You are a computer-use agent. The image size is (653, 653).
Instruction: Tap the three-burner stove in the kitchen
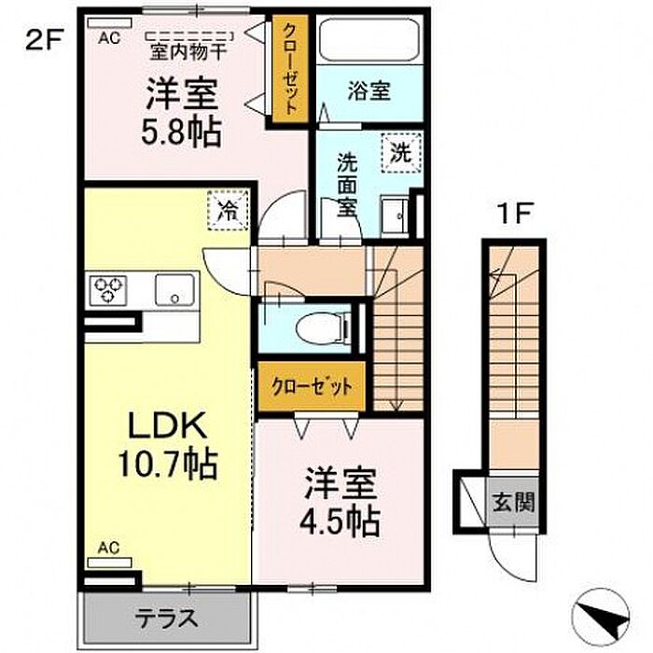[109, 289]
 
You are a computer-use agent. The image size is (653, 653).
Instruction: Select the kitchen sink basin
[175, 289]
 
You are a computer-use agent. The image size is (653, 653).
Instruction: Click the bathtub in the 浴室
[369, 39]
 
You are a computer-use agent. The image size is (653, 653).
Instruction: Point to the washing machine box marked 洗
[401, 153]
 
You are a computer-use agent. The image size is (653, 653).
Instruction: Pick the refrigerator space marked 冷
[228, 210]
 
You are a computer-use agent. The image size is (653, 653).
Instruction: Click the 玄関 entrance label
[513, 502]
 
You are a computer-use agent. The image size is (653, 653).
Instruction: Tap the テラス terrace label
[166, 618]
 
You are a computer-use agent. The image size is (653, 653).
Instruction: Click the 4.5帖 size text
[340, 521]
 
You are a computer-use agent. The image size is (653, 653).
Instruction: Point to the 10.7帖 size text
[167, 464]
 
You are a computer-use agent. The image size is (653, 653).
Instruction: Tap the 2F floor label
[43, 41]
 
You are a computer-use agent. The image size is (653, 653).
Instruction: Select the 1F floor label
[512, 214]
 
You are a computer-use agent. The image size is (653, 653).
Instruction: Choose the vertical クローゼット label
[290, 69]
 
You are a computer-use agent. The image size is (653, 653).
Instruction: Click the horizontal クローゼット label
[313, 386]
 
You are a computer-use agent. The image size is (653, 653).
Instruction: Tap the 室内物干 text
[188, 52]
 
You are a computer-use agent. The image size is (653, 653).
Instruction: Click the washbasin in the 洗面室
[395, 217]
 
